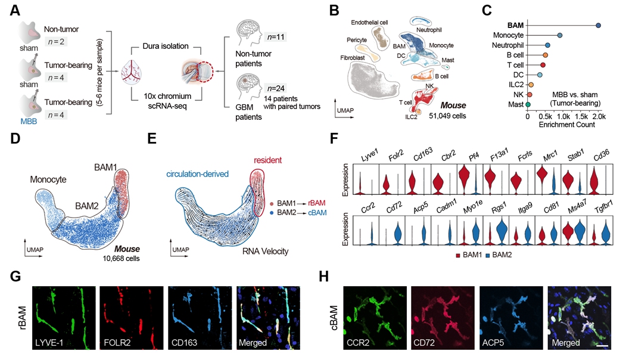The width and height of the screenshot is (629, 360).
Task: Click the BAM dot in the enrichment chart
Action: pyautogui.click(x=598, y=25)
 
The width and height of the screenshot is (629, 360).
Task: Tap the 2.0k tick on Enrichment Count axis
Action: pyautogui.click(x=598, y=116)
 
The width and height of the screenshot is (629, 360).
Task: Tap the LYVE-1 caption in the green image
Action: pyautogui.click(x=54, y=344)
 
